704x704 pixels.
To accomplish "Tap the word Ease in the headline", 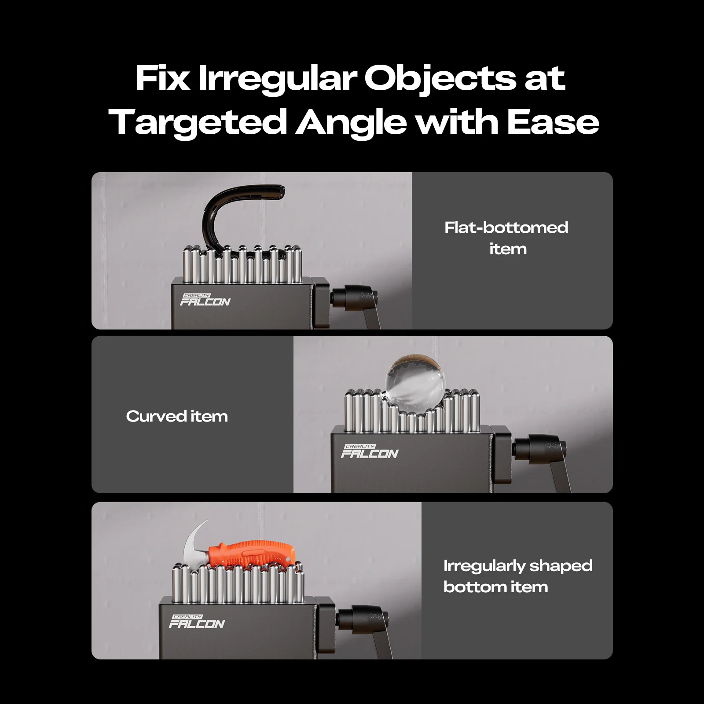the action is pyautogui.click(x=553, y=122).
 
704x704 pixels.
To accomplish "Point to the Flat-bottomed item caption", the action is pyautogui.click(x=506, y=238).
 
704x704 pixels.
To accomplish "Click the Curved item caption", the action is pyautogui.click(x=177, y=416).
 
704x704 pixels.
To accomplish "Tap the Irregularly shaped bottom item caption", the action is pyautogui.click(x=518, y=576).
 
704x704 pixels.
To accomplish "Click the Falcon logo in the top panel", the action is pyautogui.click(x=205, y=300).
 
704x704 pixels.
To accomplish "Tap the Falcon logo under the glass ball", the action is pyautogui.click(x=370, y=451).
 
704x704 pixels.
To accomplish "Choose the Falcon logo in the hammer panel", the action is pyautogui.click(x=197, y=621).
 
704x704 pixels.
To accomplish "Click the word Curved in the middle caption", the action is pyautogui.click(x=157, y=416).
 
